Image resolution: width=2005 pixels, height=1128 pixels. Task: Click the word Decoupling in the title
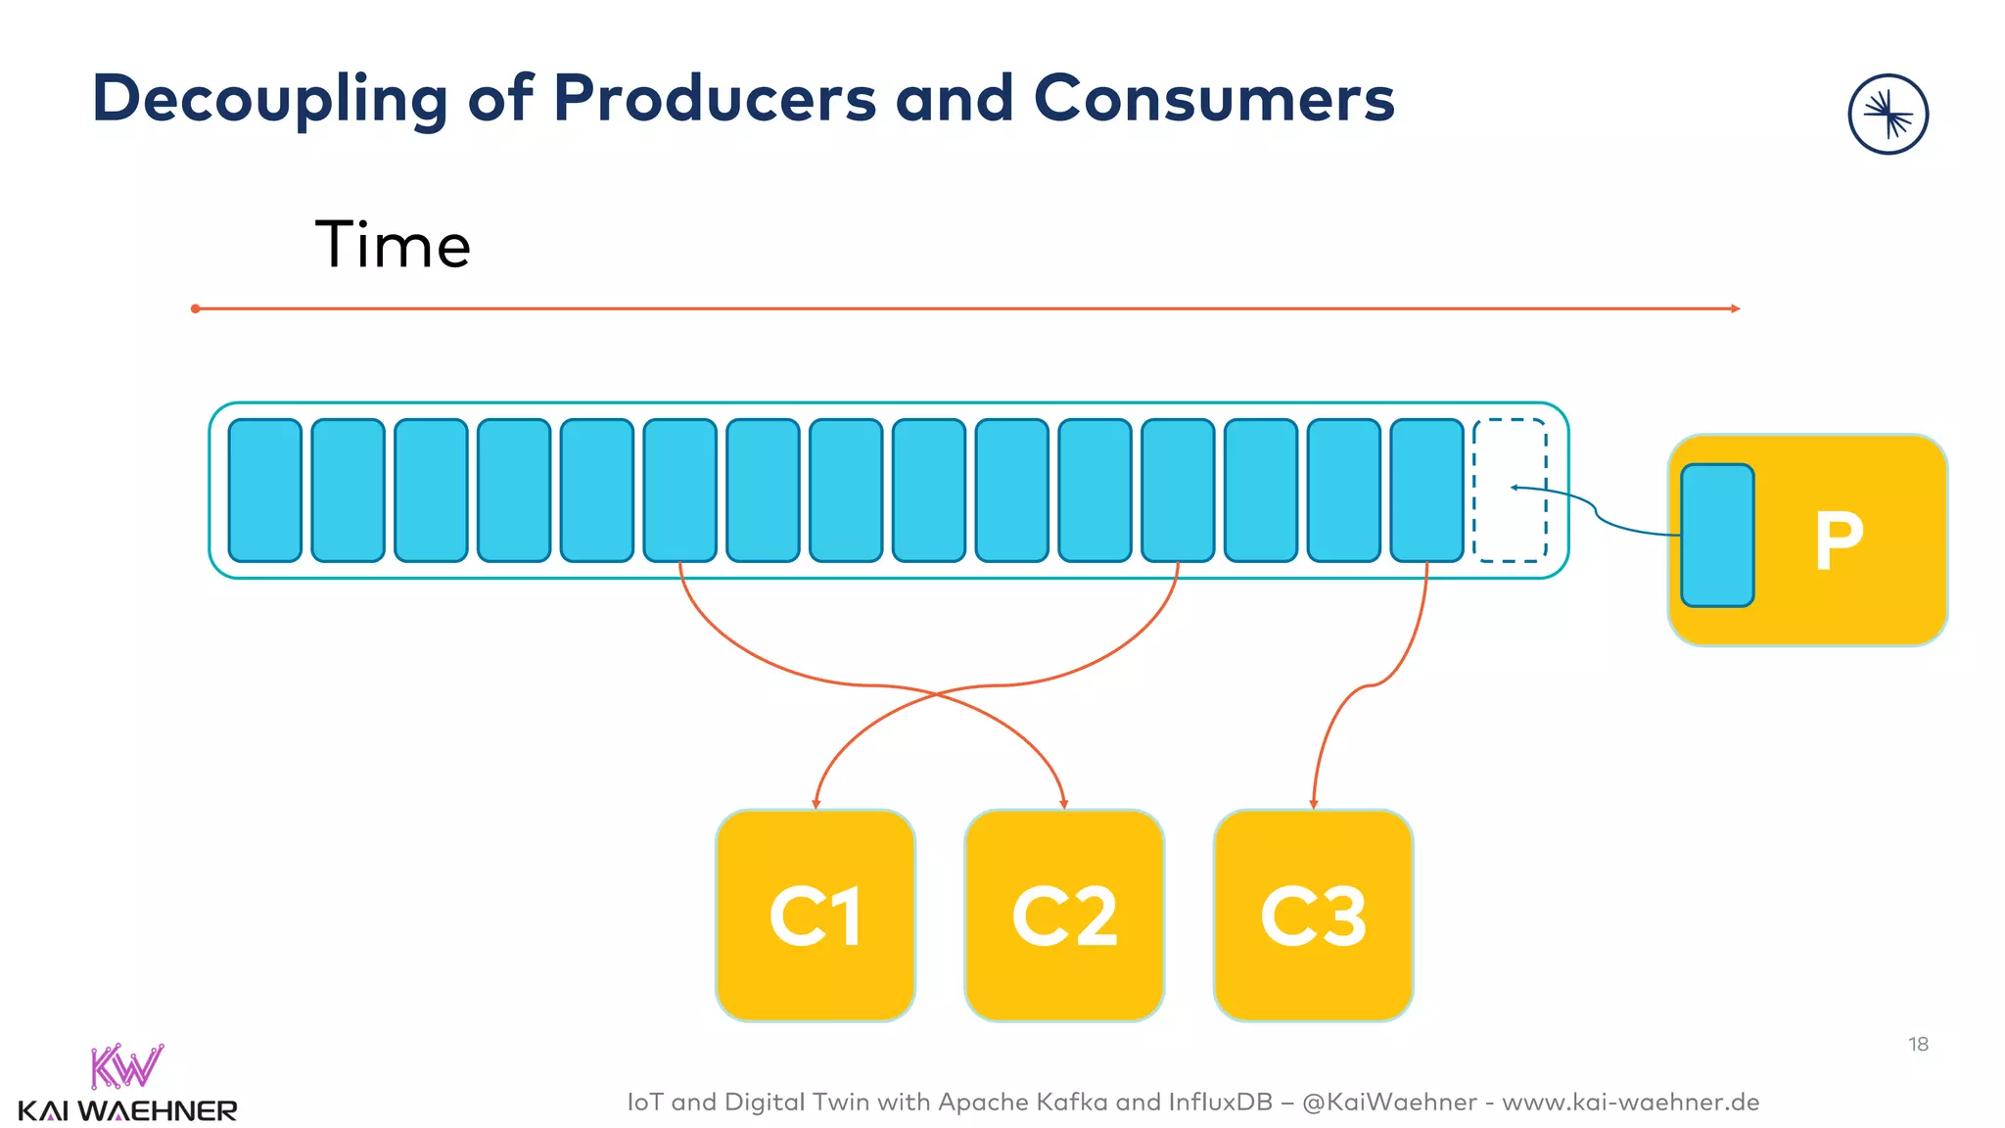(x=269, y=100)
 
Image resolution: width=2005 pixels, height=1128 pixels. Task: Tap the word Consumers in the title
(x=1214, y=100)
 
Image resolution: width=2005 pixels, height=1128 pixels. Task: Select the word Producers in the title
(x=715, y=100)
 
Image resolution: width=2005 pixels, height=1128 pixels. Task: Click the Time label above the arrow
(x=393, y=245)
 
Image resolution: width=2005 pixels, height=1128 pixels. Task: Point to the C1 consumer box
(x=816, y=916)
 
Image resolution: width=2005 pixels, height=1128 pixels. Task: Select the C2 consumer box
(x=1064, y=916)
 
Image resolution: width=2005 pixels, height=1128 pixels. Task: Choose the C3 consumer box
(x=1313, y=916)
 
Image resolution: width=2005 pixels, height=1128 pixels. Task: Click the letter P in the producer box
(x=1839, y=540)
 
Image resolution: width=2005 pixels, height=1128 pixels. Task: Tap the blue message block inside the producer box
(x=1717, y=536)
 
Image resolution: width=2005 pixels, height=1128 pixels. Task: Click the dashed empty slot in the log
(x=1510, y=490)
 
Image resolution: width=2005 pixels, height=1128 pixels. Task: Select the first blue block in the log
(x=264, y=490)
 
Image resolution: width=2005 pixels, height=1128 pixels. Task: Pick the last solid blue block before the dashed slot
(x=1426, y=490)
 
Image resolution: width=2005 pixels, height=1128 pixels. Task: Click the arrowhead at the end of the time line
(x=1735, y=308)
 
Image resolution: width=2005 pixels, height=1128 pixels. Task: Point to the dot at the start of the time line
(x=196, y=308)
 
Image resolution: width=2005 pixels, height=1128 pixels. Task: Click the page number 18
(x=1918, y=1045)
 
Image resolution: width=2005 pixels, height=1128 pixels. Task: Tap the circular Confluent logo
(x=1888, y=115)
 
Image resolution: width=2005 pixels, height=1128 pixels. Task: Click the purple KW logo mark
(x=126, y=1066)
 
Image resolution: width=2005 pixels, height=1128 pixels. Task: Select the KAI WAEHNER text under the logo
(x=127, y=1111)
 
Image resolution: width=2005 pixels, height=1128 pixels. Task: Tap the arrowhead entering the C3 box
(x=1314, y=804)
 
